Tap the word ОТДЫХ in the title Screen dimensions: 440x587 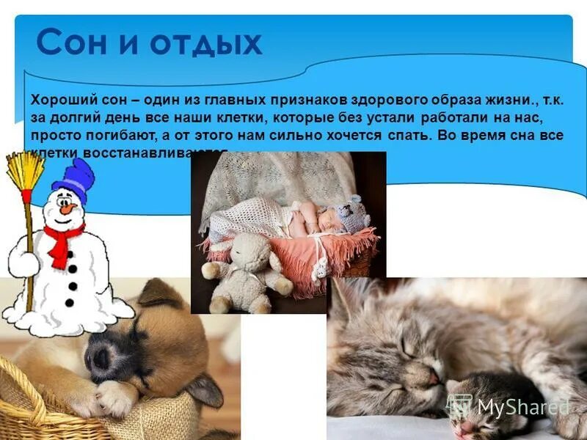207,44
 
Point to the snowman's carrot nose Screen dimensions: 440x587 66,208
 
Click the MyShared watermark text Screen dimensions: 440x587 522,407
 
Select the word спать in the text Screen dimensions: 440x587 406,136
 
